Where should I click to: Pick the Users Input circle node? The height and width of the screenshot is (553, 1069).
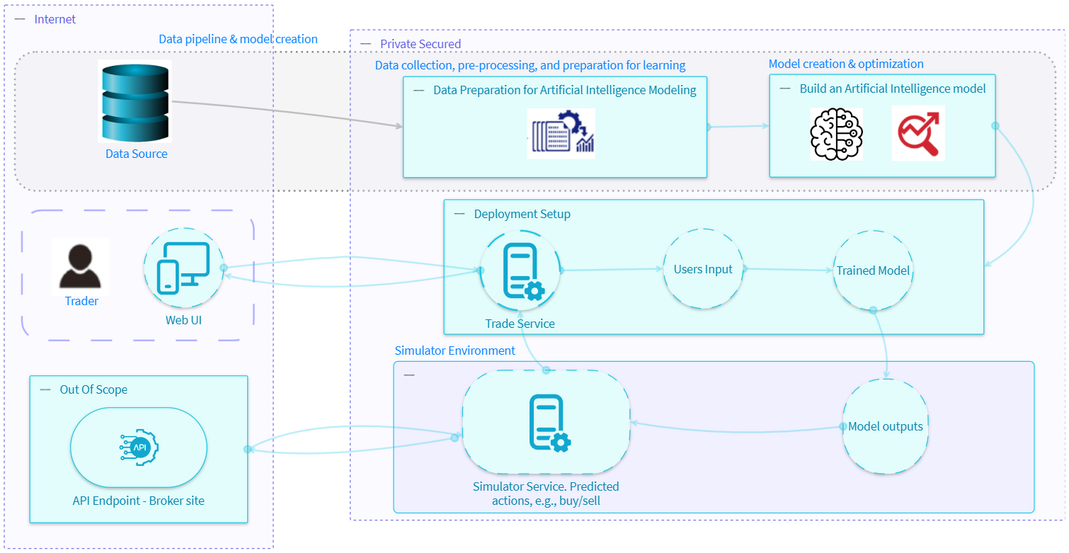click(703, 269)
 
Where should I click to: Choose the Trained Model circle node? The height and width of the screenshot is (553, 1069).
click(873, 270)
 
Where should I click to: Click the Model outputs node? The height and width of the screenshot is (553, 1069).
click(885, 426)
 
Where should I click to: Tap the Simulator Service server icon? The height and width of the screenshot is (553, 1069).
click(547, 422)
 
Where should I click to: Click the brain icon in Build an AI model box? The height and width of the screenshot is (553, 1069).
click(836, 133)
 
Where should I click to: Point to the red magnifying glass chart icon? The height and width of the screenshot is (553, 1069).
click(917, 133)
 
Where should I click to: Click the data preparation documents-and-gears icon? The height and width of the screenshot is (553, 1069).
click(563, 133)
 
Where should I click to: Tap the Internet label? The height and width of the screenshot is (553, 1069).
click(55, 19)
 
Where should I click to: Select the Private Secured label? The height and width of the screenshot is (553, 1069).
click(420, 44)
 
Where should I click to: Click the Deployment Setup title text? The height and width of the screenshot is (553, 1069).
click(522, 214)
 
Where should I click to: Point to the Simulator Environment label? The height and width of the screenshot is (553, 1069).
click(455, 350)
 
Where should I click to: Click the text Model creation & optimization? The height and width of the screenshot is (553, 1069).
click(845, 64)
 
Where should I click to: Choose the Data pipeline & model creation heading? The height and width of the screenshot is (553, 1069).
click(237, 39)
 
